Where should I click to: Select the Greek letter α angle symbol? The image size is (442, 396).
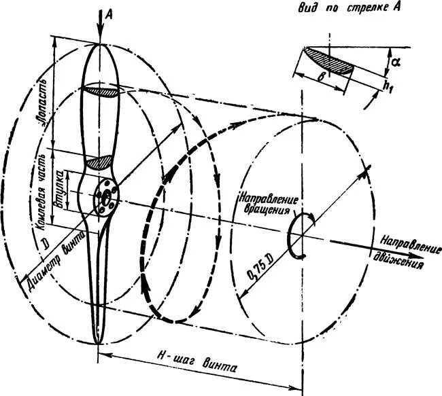[394, 63]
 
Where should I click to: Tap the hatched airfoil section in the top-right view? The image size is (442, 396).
[330, 59]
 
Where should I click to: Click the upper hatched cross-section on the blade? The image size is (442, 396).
[101, 90]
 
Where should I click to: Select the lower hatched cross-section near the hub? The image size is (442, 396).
[101, 162]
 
